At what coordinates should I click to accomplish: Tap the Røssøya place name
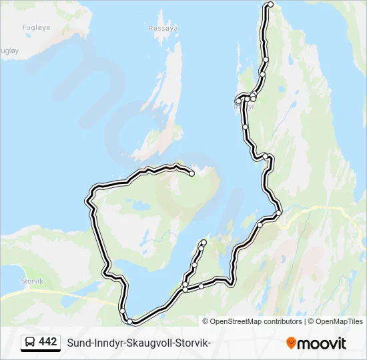[x=163, y=29]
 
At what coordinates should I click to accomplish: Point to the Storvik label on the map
[x=32, y=281]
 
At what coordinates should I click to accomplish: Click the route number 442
[x=48, y=342]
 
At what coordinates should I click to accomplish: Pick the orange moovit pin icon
[x=291, y=343]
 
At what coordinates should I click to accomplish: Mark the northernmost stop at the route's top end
[x=270, y=5]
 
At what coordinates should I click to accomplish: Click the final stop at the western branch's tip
[x=192, y=173]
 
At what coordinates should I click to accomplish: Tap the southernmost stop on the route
[x=129, y=322]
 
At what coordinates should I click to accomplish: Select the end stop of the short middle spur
[x=204, y=242]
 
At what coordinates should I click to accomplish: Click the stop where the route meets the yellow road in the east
[x=279, y=213]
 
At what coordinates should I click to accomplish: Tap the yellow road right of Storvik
[x=73, y=293]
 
